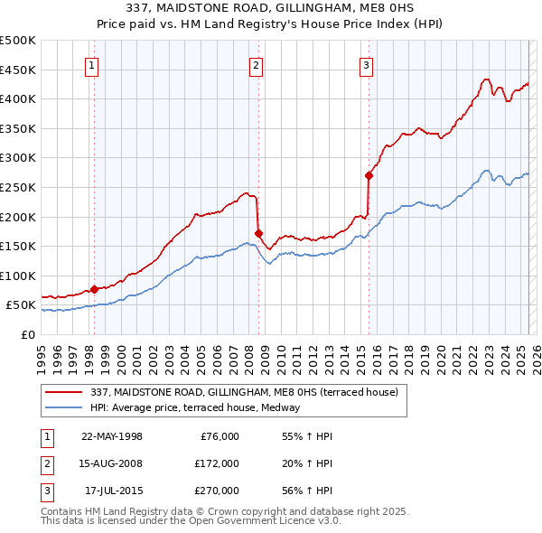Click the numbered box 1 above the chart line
pos(93,64)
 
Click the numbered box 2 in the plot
pos(257,64)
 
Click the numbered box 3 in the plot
pos(367,64)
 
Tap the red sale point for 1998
pos(94,290)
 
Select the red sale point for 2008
pos(258,233)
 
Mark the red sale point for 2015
pos(369,175)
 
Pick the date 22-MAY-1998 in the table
pos(111,436)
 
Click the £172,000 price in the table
pos(217,463)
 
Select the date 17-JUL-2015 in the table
pos(113,491)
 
